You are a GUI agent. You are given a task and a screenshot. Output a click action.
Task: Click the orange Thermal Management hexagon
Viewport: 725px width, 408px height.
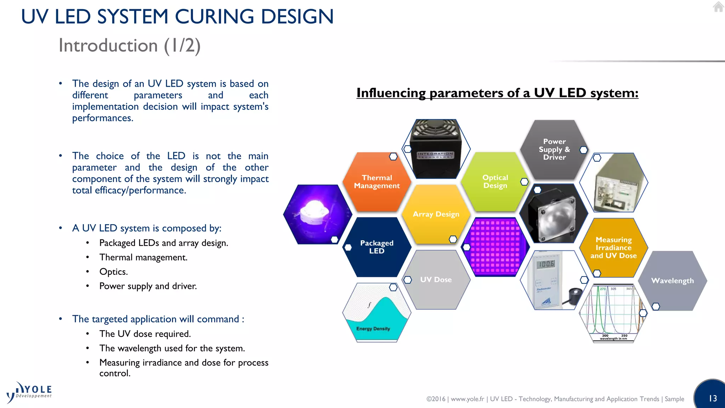[377, 182]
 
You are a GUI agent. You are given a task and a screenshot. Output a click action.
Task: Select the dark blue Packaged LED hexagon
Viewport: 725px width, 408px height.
[377, 247]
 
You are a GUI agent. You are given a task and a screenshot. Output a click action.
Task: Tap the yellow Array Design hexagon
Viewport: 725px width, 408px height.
[436, 214]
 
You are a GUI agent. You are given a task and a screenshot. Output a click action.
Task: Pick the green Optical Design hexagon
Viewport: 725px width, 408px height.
[495, 181]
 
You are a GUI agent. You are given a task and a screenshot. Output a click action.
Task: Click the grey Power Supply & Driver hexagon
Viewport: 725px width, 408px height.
[554, 149]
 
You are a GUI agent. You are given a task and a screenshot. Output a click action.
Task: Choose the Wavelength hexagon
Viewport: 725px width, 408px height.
[672, 280]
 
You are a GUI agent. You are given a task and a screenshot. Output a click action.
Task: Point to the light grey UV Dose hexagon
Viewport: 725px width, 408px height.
[436, 279]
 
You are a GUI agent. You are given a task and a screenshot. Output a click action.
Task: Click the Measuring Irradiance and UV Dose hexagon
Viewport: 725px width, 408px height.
[613, 247]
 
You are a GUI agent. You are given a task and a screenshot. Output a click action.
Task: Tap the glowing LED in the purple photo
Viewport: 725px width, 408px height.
[314, 211]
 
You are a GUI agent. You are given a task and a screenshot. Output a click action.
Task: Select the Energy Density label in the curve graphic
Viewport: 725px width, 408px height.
[373, 329]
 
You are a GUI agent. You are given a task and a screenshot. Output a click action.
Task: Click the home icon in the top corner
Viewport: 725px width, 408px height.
[718, 7]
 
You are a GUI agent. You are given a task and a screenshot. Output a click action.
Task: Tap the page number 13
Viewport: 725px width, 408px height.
[713, 398]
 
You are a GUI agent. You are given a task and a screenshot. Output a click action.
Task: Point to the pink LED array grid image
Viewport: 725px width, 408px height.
[495, 247]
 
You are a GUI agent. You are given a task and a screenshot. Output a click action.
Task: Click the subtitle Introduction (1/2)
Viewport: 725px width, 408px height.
[130, 45]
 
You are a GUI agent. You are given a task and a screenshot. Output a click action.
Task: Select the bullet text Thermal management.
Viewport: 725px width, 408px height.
[143, 257]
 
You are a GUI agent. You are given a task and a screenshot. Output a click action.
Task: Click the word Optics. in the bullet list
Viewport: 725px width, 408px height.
[113, 272]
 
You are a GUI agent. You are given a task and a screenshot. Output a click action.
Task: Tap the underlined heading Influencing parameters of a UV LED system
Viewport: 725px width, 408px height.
[497, 93]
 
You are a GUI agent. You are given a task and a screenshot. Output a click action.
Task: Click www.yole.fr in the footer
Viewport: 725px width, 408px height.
[467, 399]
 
